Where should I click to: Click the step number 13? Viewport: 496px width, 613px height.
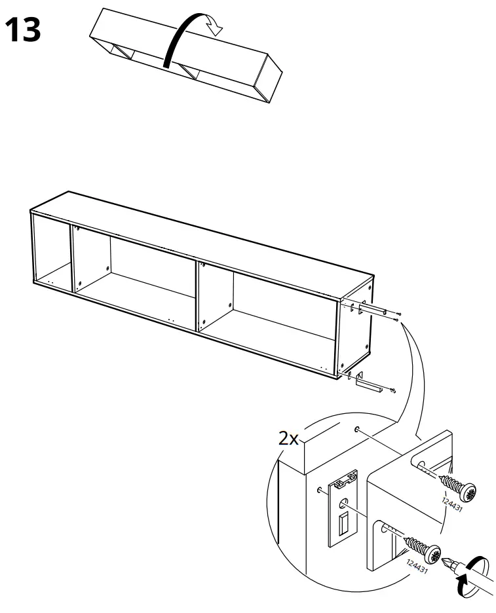click(23, 30)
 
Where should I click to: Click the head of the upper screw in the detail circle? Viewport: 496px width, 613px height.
click(468, 491)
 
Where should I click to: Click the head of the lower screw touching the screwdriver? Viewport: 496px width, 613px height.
click(433, 554)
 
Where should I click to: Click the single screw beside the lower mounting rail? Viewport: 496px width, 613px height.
click(392, 391)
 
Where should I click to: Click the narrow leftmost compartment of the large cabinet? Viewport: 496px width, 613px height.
click(51, 252)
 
